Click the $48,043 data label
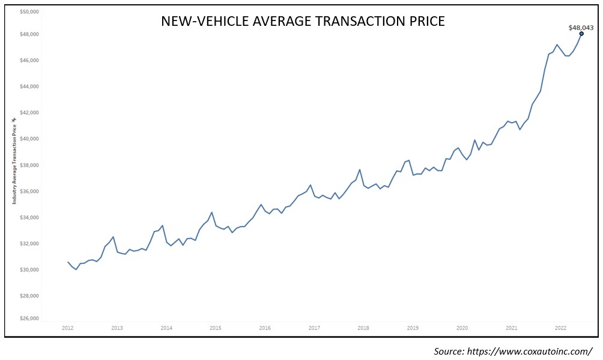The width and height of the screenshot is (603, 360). [x=581, y=27]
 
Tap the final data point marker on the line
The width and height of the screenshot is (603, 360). [x=581, y=34]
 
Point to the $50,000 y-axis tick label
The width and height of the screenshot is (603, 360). [x=29, y=11]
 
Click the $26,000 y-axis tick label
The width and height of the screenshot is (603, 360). [x=29, y=319]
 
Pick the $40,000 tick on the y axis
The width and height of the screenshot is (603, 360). [x=29, y=139]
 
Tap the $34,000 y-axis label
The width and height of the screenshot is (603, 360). [x=29, y=218]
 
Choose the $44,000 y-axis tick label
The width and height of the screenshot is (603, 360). [x=29, y=87]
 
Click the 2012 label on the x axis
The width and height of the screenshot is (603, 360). [x=68, y=328]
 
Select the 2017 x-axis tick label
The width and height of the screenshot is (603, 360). [x=314, y=328]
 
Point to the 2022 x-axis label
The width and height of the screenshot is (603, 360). [x=560, y=328]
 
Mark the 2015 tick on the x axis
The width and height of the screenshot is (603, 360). [x=216, y=328]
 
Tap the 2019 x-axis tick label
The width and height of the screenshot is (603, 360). [x=413, y=328]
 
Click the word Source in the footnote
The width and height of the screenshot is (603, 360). [x=450, y=350]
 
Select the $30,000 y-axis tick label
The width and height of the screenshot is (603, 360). [x=29, y=270]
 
